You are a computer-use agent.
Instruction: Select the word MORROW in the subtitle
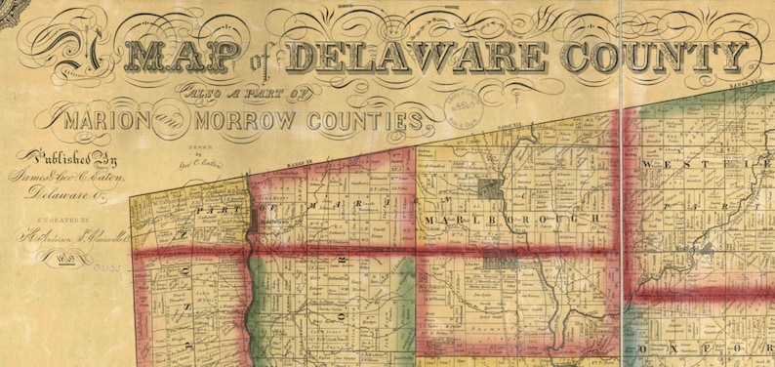[x=239, y=123]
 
